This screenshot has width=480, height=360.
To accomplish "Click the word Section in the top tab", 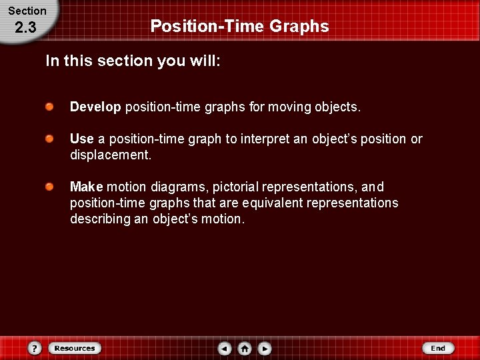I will tap(27, 11).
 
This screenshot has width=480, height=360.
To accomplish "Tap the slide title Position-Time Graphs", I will tap(239, 26).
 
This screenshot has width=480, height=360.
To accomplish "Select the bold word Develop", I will tap(95, 107).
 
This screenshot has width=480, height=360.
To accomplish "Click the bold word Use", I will tap(82, 139).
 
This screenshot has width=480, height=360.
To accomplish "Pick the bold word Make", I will tap(87, 187).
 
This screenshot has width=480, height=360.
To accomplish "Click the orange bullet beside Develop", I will tap(50, 107).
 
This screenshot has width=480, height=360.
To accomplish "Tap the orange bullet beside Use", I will tap(50, 139).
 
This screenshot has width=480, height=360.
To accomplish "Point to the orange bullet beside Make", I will tap(50, 187).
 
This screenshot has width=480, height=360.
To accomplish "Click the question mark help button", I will tap(35, 348).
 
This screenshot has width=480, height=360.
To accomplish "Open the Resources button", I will tap(75, 348).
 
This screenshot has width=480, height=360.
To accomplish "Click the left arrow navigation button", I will tap(225, 348).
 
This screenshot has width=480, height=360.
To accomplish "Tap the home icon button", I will tap(245, 348).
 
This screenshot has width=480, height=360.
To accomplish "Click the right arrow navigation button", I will tap(265, 348).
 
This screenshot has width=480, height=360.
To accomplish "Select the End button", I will tap(438, 348).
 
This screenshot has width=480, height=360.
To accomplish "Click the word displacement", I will tap(109, 155).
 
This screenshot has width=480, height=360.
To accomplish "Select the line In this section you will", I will tap(133, 61).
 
